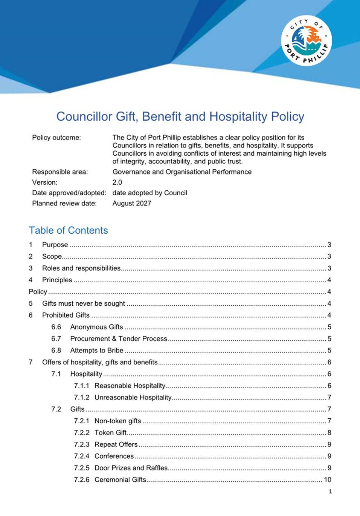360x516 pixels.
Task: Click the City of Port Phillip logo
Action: click(306, 41)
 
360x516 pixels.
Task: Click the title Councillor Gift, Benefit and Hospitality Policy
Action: click(180, 116)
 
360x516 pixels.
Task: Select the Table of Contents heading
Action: click(68, 230)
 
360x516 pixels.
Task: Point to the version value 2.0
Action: click(117, 182)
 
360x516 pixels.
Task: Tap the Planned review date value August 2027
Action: click(132, 204)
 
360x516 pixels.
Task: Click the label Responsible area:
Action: click(60, 172)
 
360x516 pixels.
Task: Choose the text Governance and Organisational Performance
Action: click(182, 172)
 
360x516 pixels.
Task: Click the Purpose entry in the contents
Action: click(55, 245)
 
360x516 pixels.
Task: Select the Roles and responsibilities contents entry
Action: click(81, 268)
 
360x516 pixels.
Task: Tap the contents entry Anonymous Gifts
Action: click(96, 327)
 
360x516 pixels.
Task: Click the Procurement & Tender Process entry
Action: click(119, 339)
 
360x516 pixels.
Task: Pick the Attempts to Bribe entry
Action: click(97, 351)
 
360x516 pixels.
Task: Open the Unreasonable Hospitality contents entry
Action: click(133, 398)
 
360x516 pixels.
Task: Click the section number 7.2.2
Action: click(82, 433)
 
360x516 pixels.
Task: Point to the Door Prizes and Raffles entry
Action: click(131, 468)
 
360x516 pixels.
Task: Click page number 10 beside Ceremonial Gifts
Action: click(328, 480)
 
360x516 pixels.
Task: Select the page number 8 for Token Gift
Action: click(329, 433)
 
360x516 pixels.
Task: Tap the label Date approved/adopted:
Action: click(69, 193)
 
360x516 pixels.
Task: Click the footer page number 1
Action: click(330, 492)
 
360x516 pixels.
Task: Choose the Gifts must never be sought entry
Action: click(84, 303)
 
